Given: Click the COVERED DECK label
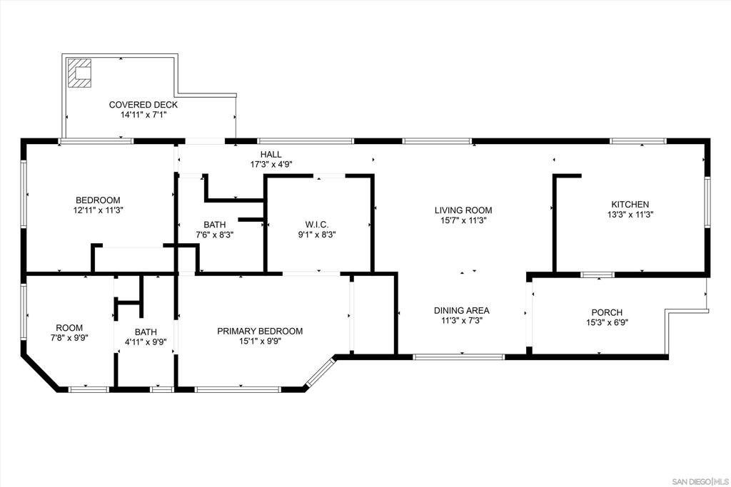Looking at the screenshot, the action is click(143, 105).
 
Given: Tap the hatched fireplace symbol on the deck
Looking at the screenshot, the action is click(79, 73).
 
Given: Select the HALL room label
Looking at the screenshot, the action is click(271, 154).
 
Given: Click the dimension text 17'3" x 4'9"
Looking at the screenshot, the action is click(271, 164).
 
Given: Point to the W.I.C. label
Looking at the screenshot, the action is click(316, 225).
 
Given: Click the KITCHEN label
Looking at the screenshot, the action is click(630, 205).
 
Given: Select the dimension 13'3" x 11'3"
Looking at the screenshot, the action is click(630, 215).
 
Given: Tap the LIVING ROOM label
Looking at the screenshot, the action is click(463, 210).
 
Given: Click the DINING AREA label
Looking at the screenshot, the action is click(462, 311).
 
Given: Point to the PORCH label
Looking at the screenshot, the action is click(607, 312).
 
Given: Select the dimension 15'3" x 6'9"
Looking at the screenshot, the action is click(607, 323).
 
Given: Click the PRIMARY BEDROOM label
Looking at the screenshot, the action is click(260, 331).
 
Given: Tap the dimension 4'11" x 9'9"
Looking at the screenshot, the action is click(146, 342).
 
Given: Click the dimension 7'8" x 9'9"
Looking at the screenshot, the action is click(69, 338).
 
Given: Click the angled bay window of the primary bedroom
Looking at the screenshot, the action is click(320, 372).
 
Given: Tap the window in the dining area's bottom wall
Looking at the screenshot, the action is click(459, 357).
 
